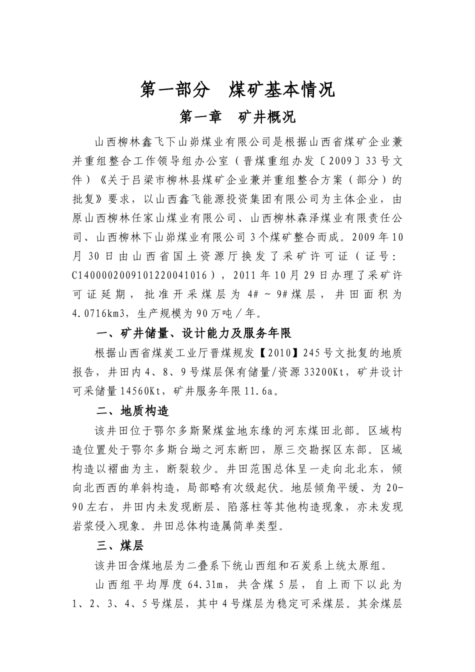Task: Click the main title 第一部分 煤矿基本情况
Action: (237, 89)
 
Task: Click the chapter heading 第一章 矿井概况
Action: (237, 117)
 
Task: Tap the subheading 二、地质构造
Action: (133, 411)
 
